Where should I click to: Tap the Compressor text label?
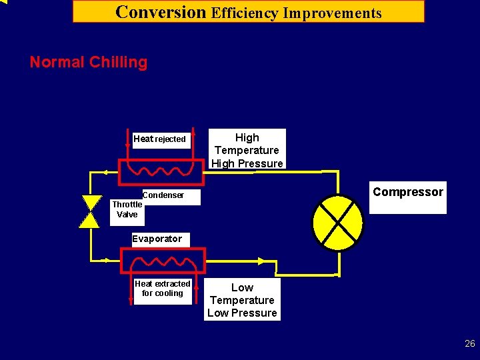tap(407, 193)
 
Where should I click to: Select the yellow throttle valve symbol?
tap(89, 212)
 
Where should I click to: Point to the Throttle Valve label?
tap(127, 209)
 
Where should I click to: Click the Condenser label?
tap(163, 195)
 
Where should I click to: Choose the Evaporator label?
tap(157, 239)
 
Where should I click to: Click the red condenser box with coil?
tap(161, 171)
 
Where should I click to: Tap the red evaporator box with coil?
tap(162, 261)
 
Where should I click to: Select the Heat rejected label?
tap(159, 139)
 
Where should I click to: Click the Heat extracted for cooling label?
tap(162, 289)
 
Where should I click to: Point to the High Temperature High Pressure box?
tap(247, 150)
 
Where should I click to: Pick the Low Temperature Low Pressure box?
tap(242, 300)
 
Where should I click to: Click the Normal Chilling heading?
tap(88, 63)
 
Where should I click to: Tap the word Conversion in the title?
tap(161, 12)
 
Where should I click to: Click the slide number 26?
tap(470, 344)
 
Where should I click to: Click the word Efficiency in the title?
tap(245, 13)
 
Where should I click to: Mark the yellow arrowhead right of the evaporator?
tap(262, 261)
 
